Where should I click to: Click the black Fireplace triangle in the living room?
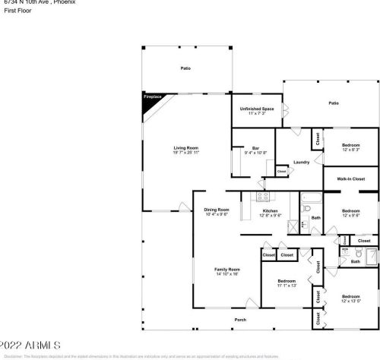(150, 101)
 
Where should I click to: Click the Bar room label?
(255, 150)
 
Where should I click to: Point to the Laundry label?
(301, 162)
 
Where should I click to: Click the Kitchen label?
(272, 212)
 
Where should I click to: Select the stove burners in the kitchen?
(263, 197)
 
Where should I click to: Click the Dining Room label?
(217, 212)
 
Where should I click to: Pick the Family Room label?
(228, 271)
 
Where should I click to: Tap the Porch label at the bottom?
(240, 319)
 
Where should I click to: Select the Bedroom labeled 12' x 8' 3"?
(350, 146)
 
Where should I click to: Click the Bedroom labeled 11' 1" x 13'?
(286, 284)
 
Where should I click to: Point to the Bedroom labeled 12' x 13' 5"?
(350, 298)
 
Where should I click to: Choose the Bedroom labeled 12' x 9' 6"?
(350, 213)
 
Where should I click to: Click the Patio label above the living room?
(185, 68)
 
